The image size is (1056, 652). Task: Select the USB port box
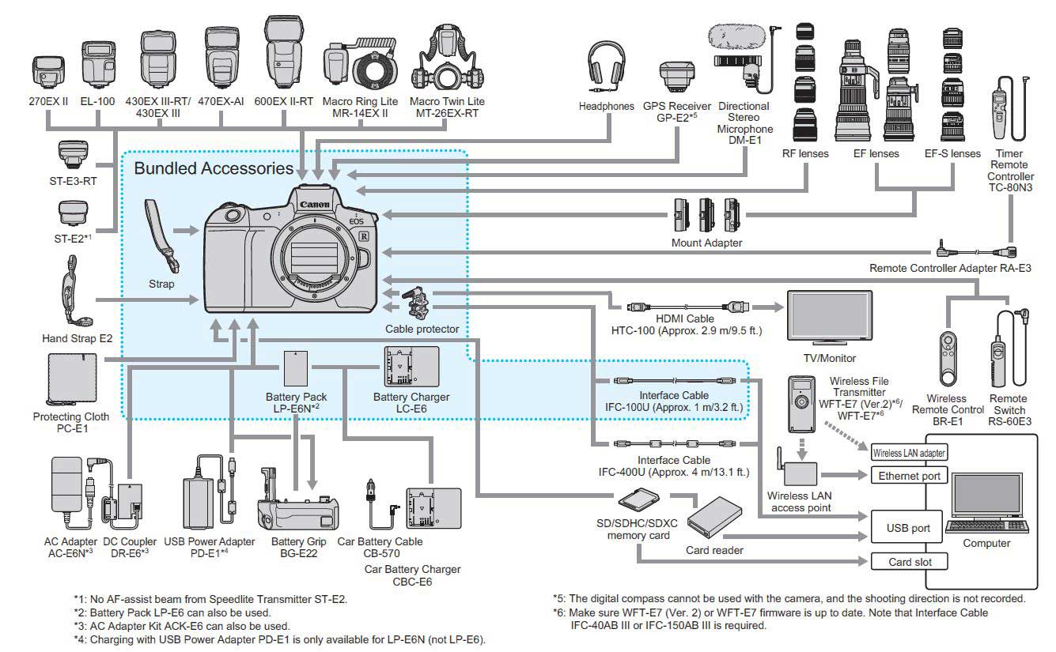[909, 528]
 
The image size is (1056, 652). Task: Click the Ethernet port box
[909, 476]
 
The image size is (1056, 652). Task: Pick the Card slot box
[909, 562]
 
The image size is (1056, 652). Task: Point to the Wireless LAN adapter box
[909, 453]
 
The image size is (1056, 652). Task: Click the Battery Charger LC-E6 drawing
[411, 367]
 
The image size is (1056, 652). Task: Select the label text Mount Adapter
[706, 243]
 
